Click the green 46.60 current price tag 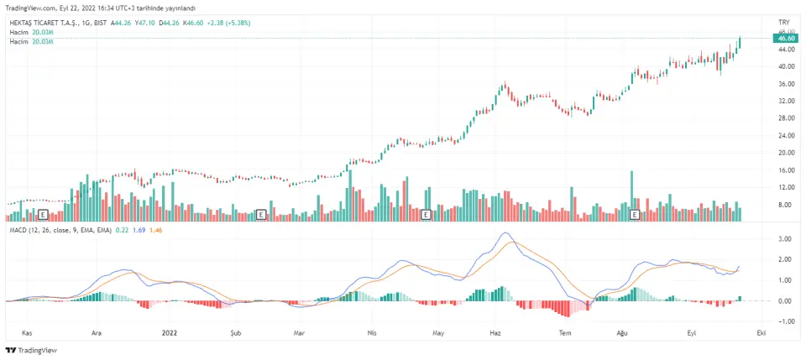pos(787,39)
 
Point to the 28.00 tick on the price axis pos(786,118)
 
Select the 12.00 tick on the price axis pos(786,187)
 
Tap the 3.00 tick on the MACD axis pos(785,239)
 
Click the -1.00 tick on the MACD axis pos(785,321)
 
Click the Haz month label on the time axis pos(495,332)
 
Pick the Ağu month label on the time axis pos(622,332)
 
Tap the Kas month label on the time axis pos(27,332)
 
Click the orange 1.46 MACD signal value pos(154,230)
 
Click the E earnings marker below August pos(635,215)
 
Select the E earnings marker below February pos(261,215)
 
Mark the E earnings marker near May pos(426,215)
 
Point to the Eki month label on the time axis pos(760,332)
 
